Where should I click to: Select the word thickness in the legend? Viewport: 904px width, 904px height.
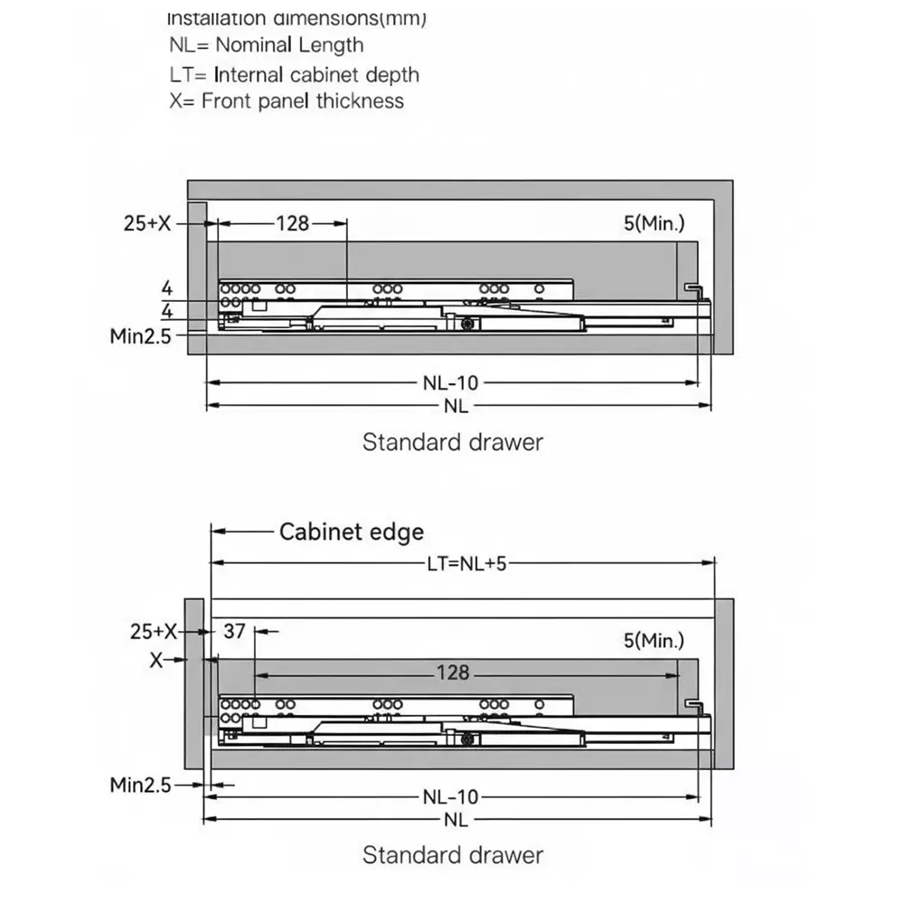click(x=360, y=100)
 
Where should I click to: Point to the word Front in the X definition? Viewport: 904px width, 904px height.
click(x=226, y=100)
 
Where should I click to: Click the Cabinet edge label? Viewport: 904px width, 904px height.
click(x=351, y=532)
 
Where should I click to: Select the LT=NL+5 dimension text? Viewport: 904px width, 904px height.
click(x=466, y=563)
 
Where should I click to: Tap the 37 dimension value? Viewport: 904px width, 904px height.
click(x=234, y=631)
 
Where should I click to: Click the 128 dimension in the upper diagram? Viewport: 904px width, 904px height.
click(x=292, y=222)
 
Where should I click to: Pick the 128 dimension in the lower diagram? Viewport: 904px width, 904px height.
click(x=452, y=672)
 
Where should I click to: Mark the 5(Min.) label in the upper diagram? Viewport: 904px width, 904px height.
click(x=654, y=222)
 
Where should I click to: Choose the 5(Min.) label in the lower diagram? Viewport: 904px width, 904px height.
click(x=654, y=641)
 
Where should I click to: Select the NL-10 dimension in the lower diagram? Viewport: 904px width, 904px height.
click(x=450, y=796)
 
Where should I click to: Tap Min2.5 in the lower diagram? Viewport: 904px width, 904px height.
click(x=140, y=784)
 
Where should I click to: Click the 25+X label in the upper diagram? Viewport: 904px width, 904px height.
click(x=147, y=222)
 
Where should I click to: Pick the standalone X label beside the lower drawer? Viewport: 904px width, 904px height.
click(x=155, y=660)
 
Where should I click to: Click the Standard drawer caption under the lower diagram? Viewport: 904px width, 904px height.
click(x=453, y=854)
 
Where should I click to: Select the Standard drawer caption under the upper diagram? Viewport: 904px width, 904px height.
click(x=453, y=442)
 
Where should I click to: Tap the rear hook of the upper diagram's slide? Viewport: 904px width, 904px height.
click(x=694, y=288)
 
